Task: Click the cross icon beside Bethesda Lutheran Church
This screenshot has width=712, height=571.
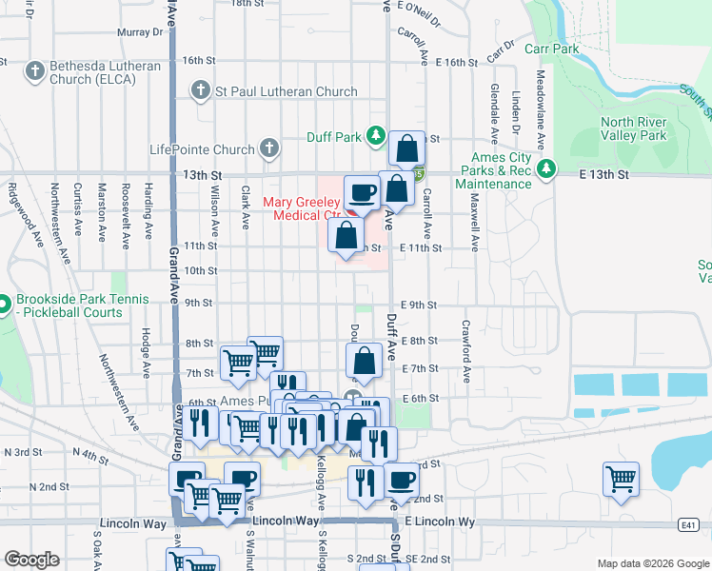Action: pyautogui.click(x=34, y=70)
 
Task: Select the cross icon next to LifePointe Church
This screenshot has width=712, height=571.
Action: pyautogui.click(x=269, y=148)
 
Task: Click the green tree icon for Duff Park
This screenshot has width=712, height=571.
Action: pyautogui.click(x=377, y=136)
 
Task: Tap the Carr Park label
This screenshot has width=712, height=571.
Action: pyautogui.click(x=550, y=48)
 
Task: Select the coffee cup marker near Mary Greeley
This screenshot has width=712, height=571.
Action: pyautogui.click(x=362, y=193)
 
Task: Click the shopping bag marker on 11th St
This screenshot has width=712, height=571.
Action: pyautogui.click(x=346, y=234)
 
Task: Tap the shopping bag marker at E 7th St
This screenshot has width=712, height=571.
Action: pyautogui.click(x=364, y=361)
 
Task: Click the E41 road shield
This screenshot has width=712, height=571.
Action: pyautogui.click(x=689, y=523)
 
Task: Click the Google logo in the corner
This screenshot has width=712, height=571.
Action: pyautogui.click(x=31, y=560)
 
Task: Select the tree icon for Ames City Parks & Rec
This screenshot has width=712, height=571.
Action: pyautogui.click(x=545, y=168)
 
